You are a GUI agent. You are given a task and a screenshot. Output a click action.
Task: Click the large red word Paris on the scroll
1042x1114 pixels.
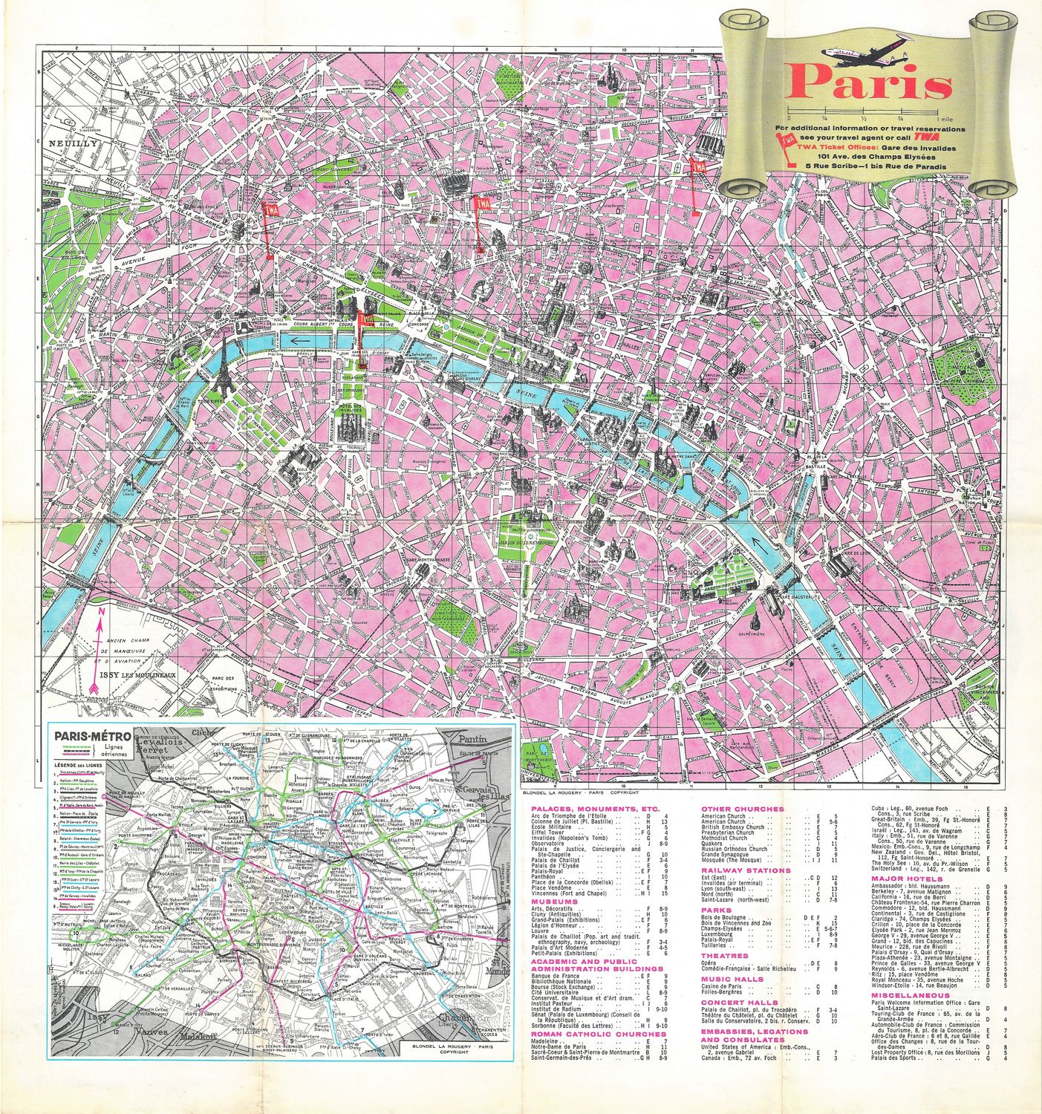click(x=868, y=83)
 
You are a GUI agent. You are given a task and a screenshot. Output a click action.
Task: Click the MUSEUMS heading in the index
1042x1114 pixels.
click(x=555, y=901)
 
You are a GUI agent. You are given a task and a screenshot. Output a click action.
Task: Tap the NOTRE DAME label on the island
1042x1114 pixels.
click(x=679, y=455)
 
